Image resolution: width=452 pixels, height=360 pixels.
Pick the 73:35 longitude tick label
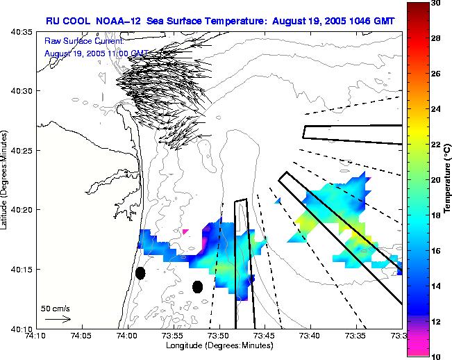pos(356,336)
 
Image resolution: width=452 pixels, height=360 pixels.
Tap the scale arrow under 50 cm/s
pos(58,319)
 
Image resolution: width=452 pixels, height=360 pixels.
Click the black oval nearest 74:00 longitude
pos(140,273)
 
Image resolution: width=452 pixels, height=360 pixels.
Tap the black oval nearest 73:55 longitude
pos(197,286)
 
